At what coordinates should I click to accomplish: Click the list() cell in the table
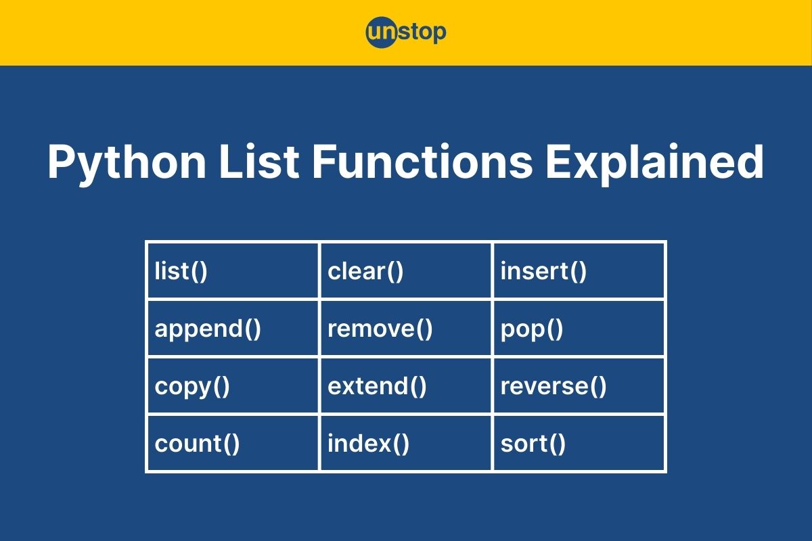[x=232, y=271]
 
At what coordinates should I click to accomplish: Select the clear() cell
[x=405, y=271]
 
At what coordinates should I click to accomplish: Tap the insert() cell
[x=579, y=271]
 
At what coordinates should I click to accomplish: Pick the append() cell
[x=232, y=329]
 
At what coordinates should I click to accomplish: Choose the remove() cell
[x=405, y=329]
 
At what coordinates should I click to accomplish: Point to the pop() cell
[x=579, y=329]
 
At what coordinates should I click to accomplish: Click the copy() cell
[x=232, y=386]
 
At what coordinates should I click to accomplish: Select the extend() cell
[x=405, y=386]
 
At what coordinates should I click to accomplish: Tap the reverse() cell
[x=579, y=386]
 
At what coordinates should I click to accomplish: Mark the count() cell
[x=232, y=444]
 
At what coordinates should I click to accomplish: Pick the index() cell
[x=405, y=444]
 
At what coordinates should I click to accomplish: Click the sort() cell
[x=579, y=444]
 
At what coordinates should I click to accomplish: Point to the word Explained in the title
[x=655, y=163]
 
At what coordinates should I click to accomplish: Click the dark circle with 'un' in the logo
[x=381, y=32]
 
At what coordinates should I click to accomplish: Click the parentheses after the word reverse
[x=598, y=387]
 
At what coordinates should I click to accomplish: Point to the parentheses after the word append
[x=252, y=329]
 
